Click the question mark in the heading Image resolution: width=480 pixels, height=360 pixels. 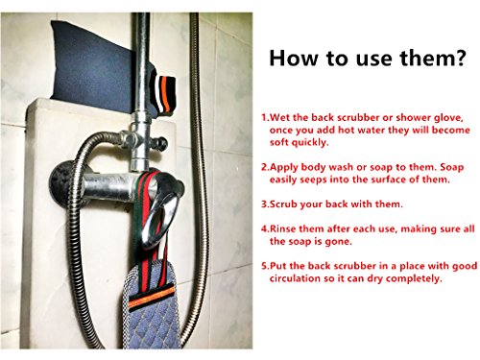pyautogui.click(x=460, y=58)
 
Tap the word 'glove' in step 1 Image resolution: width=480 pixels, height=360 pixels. pyautogui.click(x=448, y=118)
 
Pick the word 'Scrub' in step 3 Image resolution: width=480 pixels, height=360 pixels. pyautogui.click(x=284, y=204)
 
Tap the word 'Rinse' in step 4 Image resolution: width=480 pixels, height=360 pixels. pyautogui.click(x=284, y=229)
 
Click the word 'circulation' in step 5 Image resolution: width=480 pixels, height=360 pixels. pyautogui.click(x=295, y=278)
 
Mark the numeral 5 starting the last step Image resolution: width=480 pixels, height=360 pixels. pyautogui.click(x=264, y=266)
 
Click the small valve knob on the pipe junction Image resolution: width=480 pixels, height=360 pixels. pyautogui.click(x=161, y=144)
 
